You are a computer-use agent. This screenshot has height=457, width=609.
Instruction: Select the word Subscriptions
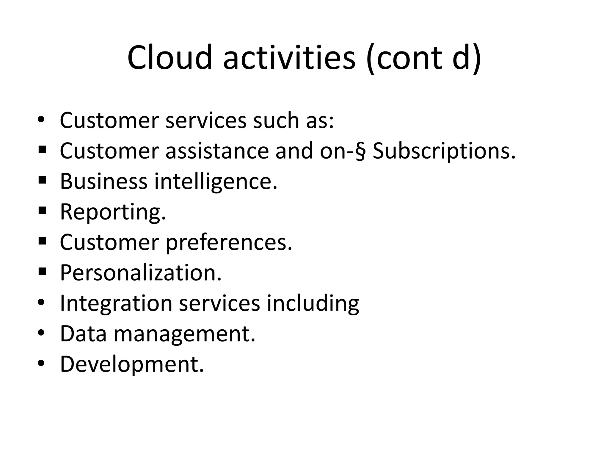pyautogui.click(x=444, y=151)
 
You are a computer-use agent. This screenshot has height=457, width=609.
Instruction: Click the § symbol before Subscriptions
pyautogui.click(x=360, y=151)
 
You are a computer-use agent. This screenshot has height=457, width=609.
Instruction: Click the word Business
pyautogui.click(x=103, y=181)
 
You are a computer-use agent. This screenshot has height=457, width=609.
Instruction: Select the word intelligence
pyautogui.click(x=216, y=182)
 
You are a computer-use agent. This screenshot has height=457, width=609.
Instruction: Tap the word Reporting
pyautogui.click(x=113, y=212)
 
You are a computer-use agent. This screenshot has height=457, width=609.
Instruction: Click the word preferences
pyautogui.click(x=229, y=242)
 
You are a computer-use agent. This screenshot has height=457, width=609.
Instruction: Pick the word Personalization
pyautogui.click(x=141, y=273)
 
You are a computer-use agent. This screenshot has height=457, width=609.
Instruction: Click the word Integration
pyautogui.click(x=116, y=303)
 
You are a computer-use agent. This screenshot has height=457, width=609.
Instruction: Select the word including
pyautogui.click(x=313, y=303)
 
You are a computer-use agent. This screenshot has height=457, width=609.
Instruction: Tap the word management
pyautogui.click(x=184, y=334)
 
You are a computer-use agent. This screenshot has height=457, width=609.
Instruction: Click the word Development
pyautogui.click(x=132, y=364)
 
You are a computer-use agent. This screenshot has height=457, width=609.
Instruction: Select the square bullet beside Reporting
pyautogui.click(x=42, y=211)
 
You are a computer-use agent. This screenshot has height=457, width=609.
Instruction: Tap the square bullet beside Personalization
pyautogui.click(x=42, y=271)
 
